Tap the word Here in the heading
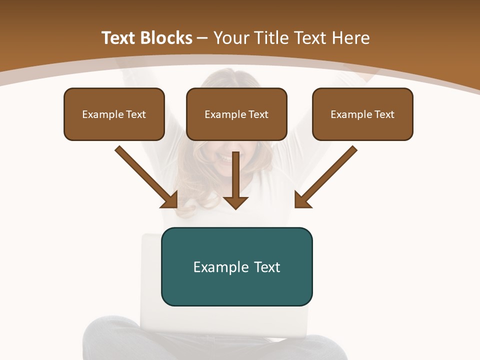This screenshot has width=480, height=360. tap(351, 38)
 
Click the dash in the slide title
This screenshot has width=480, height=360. tap(203, 38)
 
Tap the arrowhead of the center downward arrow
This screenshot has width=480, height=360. tap(235, 201)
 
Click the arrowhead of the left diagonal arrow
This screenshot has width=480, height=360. tap(170, 200)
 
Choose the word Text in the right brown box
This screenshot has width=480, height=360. tap(384, 114)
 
